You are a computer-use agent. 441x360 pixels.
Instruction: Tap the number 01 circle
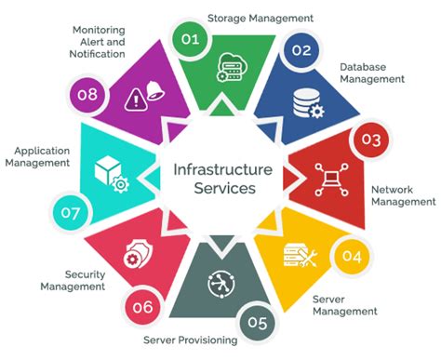[190, 39]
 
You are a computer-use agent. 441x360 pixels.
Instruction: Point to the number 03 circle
[371, 141]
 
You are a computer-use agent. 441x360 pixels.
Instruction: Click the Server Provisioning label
[190, 340]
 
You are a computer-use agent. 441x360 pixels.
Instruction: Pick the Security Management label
[73, 281]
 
